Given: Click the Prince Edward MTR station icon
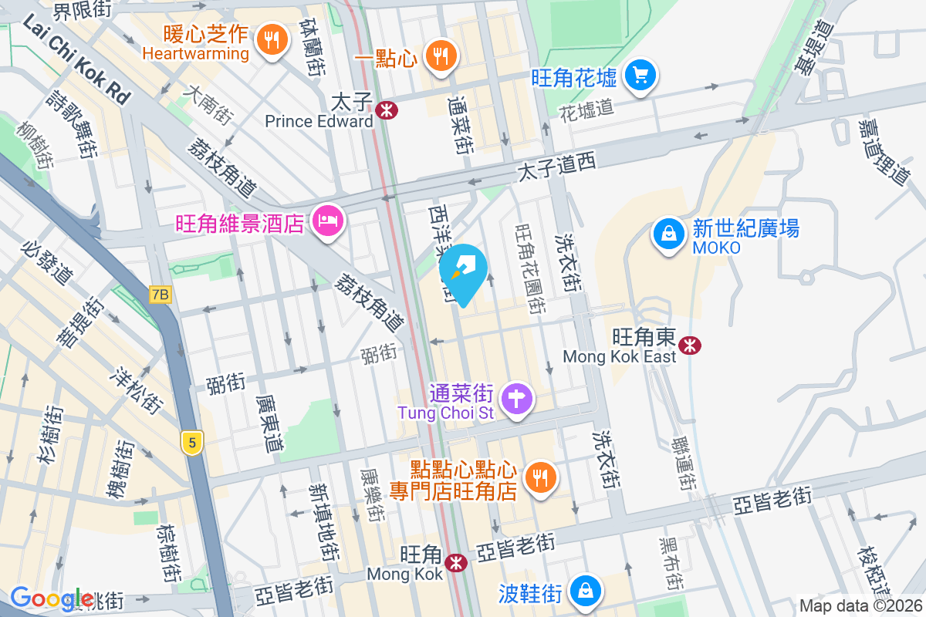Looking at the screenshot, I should coord(386,110).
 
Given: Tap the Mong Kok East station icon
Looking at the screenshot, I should coord(691,345).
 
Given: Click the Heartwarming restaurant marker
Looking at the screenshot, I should coord(270,39).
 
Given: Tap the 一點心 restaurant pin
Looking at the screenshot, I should coord(441,56).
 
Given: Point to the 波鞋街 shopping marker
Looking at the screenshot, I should coord(586,592).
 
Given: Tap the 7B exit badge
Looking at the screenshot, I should coord(160,294).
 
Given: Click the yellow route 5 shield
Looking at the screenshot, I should coord(192,442).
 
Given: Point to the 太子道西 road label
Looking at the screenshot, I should coord(556,167).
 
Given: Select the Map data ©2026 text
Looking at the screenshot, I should coord(860,605).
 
